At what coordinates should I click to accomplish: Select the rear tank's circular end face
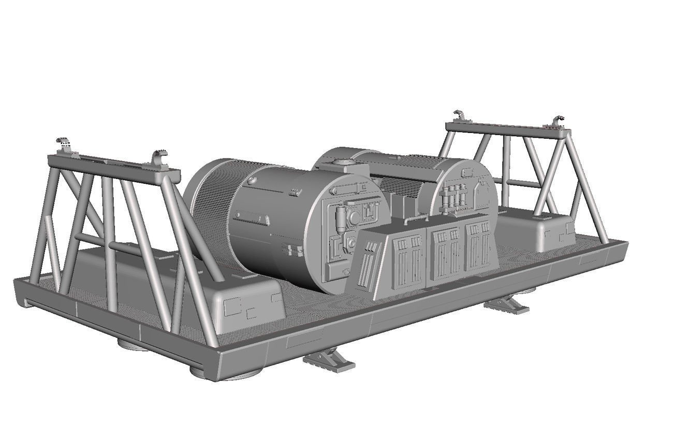pos(466,194)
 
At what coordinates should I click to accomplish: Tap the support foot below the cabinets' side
pos(507,305)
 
